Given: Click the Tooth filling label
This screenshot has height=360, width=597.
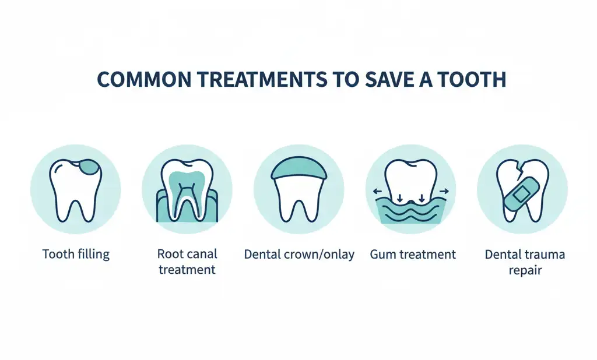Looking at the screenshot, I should coord(76,255).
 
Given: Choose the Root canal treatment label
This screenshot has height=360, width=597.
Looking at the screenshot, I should coord(187,262).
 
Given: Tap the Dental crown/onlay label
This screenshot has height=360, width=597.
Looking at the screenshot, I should coord(298,255).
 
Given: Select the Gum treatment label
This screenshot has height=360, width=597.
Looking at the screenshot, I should coord(413,255).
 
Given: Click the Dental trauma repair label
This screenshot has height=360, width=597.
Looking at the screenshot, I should coord(525,262).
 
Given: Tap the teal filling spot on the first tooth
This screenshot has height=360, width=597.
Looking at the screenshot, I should coord(89,167).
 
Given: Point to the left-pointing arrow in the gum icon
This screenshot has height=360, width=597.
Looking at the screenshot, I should coord(378,190).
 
